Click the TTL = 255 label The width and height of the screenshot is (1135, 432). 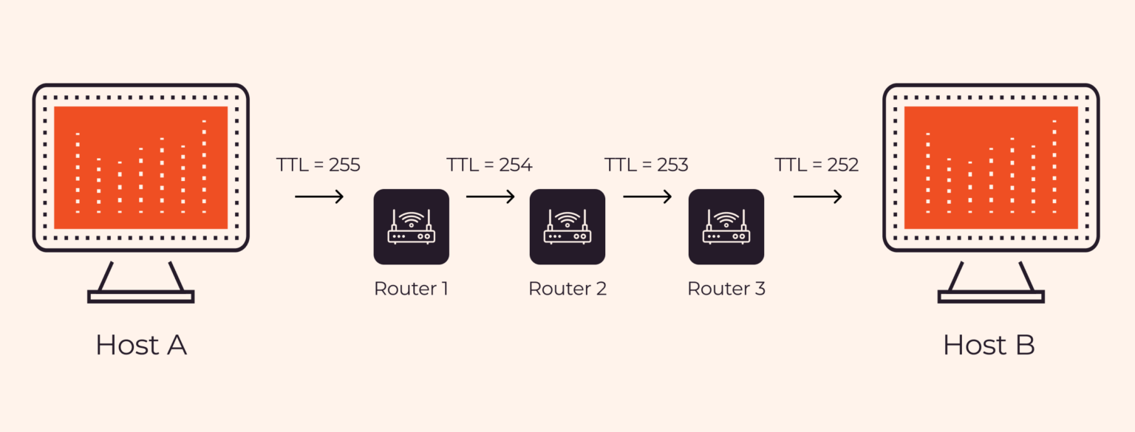click(x=318, y=165)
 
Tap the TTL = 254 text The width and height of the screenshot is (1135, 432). click(x=489, y=165)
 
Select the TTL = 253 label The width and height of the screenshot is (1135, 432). click(x=647, y=165)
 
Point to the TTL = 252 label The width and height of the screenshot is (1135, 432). click(x=817, y=165)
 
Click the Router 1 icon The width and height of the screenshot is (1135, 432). click(x=411, y=227)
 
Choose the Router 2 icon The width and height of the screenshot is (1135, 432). click(x=567, y=227)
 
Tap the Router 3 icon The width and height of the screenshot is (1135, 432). click(x=726, y=227)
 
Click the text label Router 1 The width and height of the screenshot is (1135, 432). click(x=411, y=288)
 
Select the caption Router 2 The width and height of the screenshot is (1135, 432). click(x=567, y=288)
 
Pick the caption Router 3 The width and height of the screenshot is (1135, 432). click(x=726, y=288)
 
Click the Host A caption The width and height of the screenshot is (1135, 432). click(x=140, y=345)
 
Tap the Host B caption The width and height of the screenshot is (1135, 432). click(x=989, y=345)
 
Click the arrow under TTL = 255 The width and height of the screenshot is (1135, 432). click(x=319, y=196)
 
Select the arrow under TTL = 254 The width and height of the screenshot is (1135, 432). click(x=490, y=196)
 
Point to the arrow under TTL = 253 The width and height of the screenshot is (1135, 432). click(x=647, y=196)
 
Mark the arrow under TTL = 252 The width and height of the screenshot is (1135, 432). click(x=817, y=196)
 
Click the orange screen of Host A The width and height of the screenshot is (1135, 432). click(x=140, y=168)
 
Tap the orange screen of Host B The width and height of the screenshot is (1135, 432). click(x=990, y=168)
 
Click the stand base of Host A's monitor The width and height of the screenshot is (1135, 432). click(x=140, y=297)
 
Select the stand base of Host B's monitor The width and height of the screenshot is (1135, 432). click(x=990, y=297)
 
